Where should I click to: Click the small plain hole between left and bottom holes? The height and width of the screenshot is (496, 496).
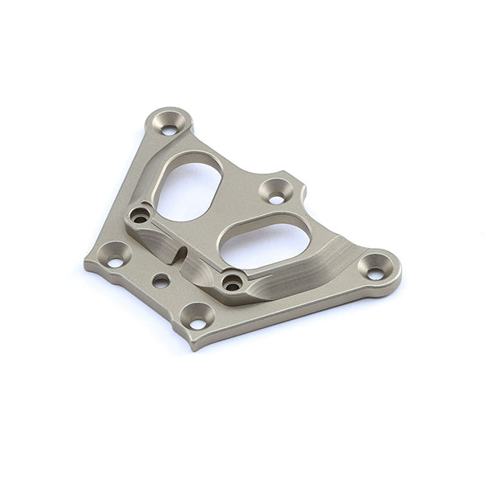tap(161, 281)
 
